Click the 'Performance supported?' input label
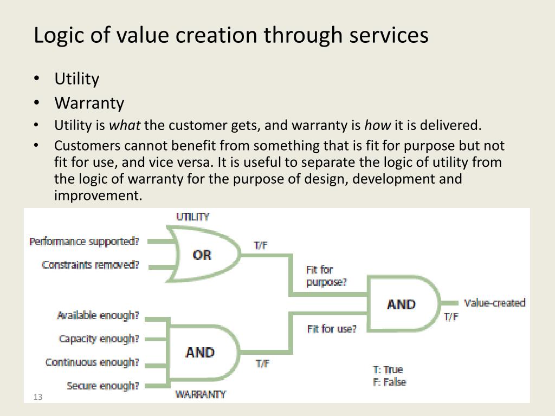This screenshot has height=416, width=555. tap(84, 241)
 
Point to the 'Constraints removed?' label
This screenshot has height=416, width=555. tap(91, 265)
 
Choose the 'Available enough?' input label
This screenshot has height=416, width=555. tap(98, 315)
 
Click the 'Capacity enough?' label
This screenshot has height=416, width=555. tap(99, 339)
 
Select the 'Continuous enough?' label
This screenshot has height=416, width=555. tap(92, 362)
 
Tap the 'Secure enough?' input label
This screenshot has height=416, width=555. tap(103, 386)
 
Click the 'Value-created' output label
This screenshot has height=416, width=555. tap(495, 303)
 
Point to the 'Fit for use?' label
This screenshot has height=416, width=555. tap(332, 329)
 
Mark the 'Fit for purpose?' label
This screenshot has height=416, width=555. tap(326, 276)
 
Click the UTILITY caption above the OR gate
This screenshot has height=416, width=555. tap(193, 217)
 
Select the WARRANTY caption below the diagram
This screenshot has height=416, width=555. tap(201, 394)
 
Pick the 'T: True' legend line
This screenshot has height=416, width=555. tap(388, 370)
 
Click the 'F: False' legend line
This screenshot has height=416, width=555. tap(389, 382)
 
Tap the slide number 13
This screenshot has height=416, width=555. tap(37, 398)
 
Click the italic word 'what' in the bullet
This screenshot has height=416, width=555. tap(125, 126)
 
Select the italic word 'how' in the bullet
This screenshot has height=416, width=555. tap(377, 126)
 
